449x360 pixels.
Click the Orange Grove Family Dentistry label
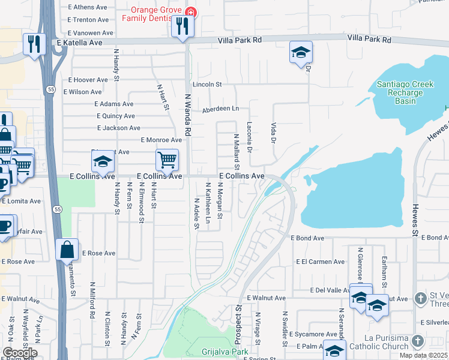[154, 13]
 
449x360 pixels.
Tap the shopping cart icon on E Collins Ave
[167, 160]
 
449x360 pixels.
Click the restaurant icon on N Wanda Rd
[183, 27]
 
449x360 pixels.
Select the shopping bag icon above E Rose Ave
[67, 249]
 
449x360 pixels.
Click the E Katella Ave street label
[80, 43]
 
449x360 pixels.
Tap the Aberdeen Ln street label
[220, 109]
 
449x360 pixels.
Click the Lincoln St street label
[207, 85]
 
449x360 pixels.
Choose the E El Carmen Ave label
[321, 262]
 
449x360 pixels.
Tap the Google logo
[20, 352]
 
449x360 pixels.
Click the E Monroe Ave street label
[161, 140]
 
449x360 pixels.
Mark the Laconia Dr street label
[250, 137]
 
